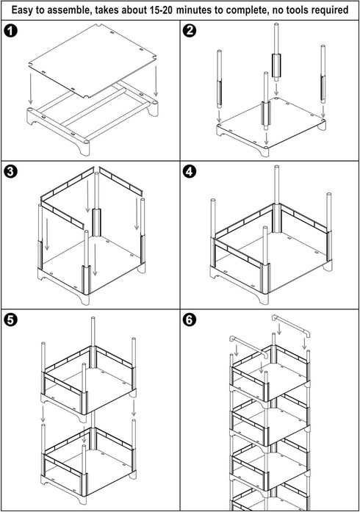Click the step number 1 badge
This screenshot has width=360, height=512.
coord(10,31)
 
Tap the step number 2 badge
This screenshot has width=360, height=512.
coord(190,31)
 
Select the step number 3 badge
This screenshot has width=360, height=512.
coord(10,171)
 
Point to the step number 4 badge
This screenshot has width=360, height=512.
coord(190,171)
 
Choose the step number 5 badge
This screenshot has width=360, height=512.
coord(10,320)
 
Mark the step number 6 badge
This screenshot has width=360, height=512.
coord(190,320)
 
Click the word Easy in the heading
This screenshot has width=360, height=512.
coord(23,10)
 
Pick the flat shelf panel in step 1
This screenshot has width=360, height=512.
coord(92,60)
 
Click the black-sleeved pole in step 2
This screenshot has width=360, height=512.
coord(276,52)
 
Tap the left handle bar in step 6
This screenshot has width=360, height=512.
coord(248,347)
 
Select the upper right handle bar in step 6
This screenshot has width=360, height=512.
coord(291,326)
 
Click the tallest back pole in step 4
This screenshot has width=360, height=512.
coord(277,199)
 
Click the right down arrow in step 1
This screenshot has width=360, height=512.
coord(156,81)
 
